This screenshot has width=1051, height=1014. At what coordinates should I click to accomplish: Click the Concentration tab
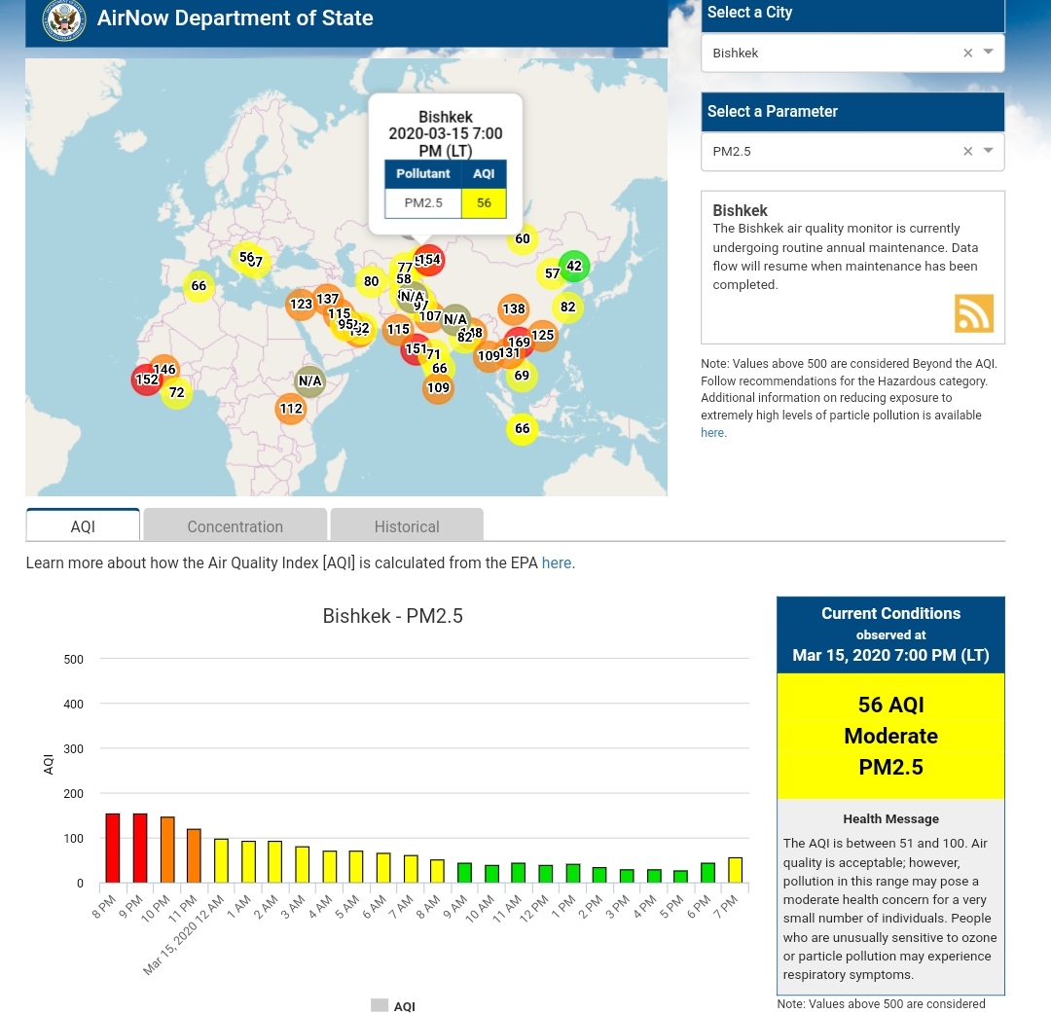coord(235,525)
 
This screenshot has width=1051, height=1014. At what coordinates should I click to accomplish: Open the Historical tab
coord(407,525)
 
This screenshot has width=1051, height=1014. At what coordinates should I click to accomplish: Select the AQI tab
coord(83,525)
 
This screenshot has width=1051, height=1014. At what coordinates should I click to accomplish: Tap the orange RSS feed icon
coord(973,313)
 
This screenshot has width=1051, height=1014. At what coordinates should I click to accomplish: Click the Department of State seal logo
coord(64,18)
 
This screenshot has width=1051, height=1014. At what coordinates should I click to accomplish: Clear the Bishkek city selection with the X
coord(967,54)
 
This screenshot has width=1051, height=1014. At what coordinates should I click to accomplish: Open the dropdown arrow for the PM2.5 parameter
coord(989,151)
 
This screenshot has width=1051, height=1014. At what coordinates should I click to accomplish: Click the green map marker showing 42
coord(574,266)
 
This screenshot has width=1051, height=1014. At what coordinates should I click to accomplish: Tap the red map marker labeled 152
coord(147,380)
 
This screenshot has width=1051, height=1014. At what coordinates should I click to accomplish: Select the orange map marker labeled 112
coord(291,409)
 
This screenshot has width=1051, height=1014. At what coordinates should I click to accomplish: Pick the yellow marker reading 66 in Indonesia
coord(523,429)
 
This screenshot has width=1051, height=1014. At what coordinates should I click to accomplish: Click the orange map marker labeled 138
coord(514,309)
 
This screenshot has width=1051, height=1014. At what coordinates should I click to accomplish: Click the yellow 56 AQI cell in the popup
coord(484,202)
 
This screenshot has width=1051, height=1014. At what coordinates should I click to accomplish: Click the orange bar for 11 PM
coord(194,855)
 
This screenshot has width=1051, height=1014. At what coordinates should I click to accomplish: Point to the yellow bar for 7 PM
coord(735,870)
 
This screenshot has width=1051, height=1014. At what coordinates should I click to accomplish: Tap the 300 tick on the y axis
coord(74,748)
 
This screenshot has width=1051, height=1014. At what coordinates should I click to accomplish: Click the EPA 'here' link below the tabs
coord(556,562)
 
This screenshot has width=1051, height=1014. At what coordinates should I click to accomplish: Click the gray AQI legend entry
coord(393,1005)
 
